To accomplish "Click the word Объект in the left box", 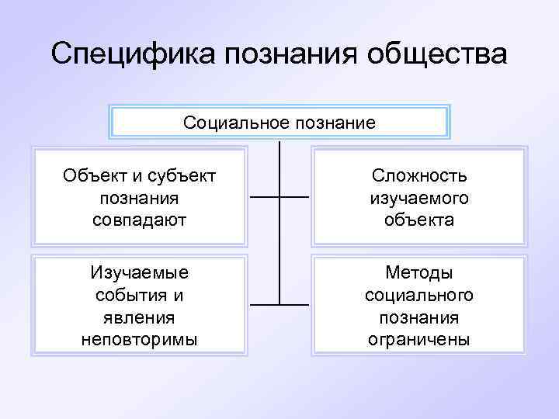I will point(94,176).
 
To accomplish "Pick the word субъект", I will point(182,176).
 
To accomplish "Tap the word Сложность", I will point(418,176).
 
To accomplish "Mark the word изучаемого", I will point(418,198).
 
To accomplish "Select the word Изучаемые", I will point(139,274).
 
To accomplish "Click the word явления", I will point(139,317).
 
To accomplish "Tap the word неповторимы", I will point(139,339).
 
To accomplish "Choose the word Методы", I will point(418,274).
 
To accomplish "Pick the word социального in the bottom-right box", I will point(418,296).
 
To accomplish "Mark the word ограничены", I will point(418,339).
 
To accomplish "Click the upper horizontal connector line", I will point(279,197).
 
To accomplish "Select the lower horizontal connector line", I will point(279,303).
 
